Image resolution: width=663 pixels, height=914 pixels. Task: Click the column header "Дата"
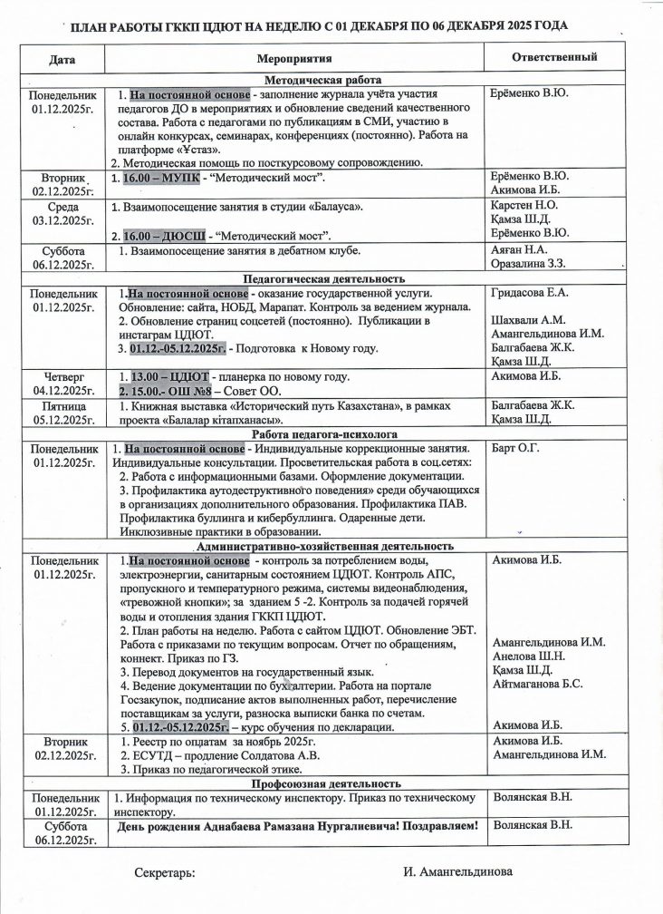point(62,58)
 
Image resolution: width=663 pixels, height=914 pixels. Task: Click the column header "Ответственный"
point(554,57)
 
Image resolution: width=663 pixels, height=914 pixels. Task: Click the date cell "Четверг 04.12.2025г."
point(62,384)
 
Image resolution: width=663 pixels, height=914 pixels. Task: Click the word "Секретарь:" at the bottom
point(164,872)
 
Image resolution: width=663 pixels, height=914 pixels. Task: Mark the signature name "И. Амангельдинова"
point(457,871)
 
